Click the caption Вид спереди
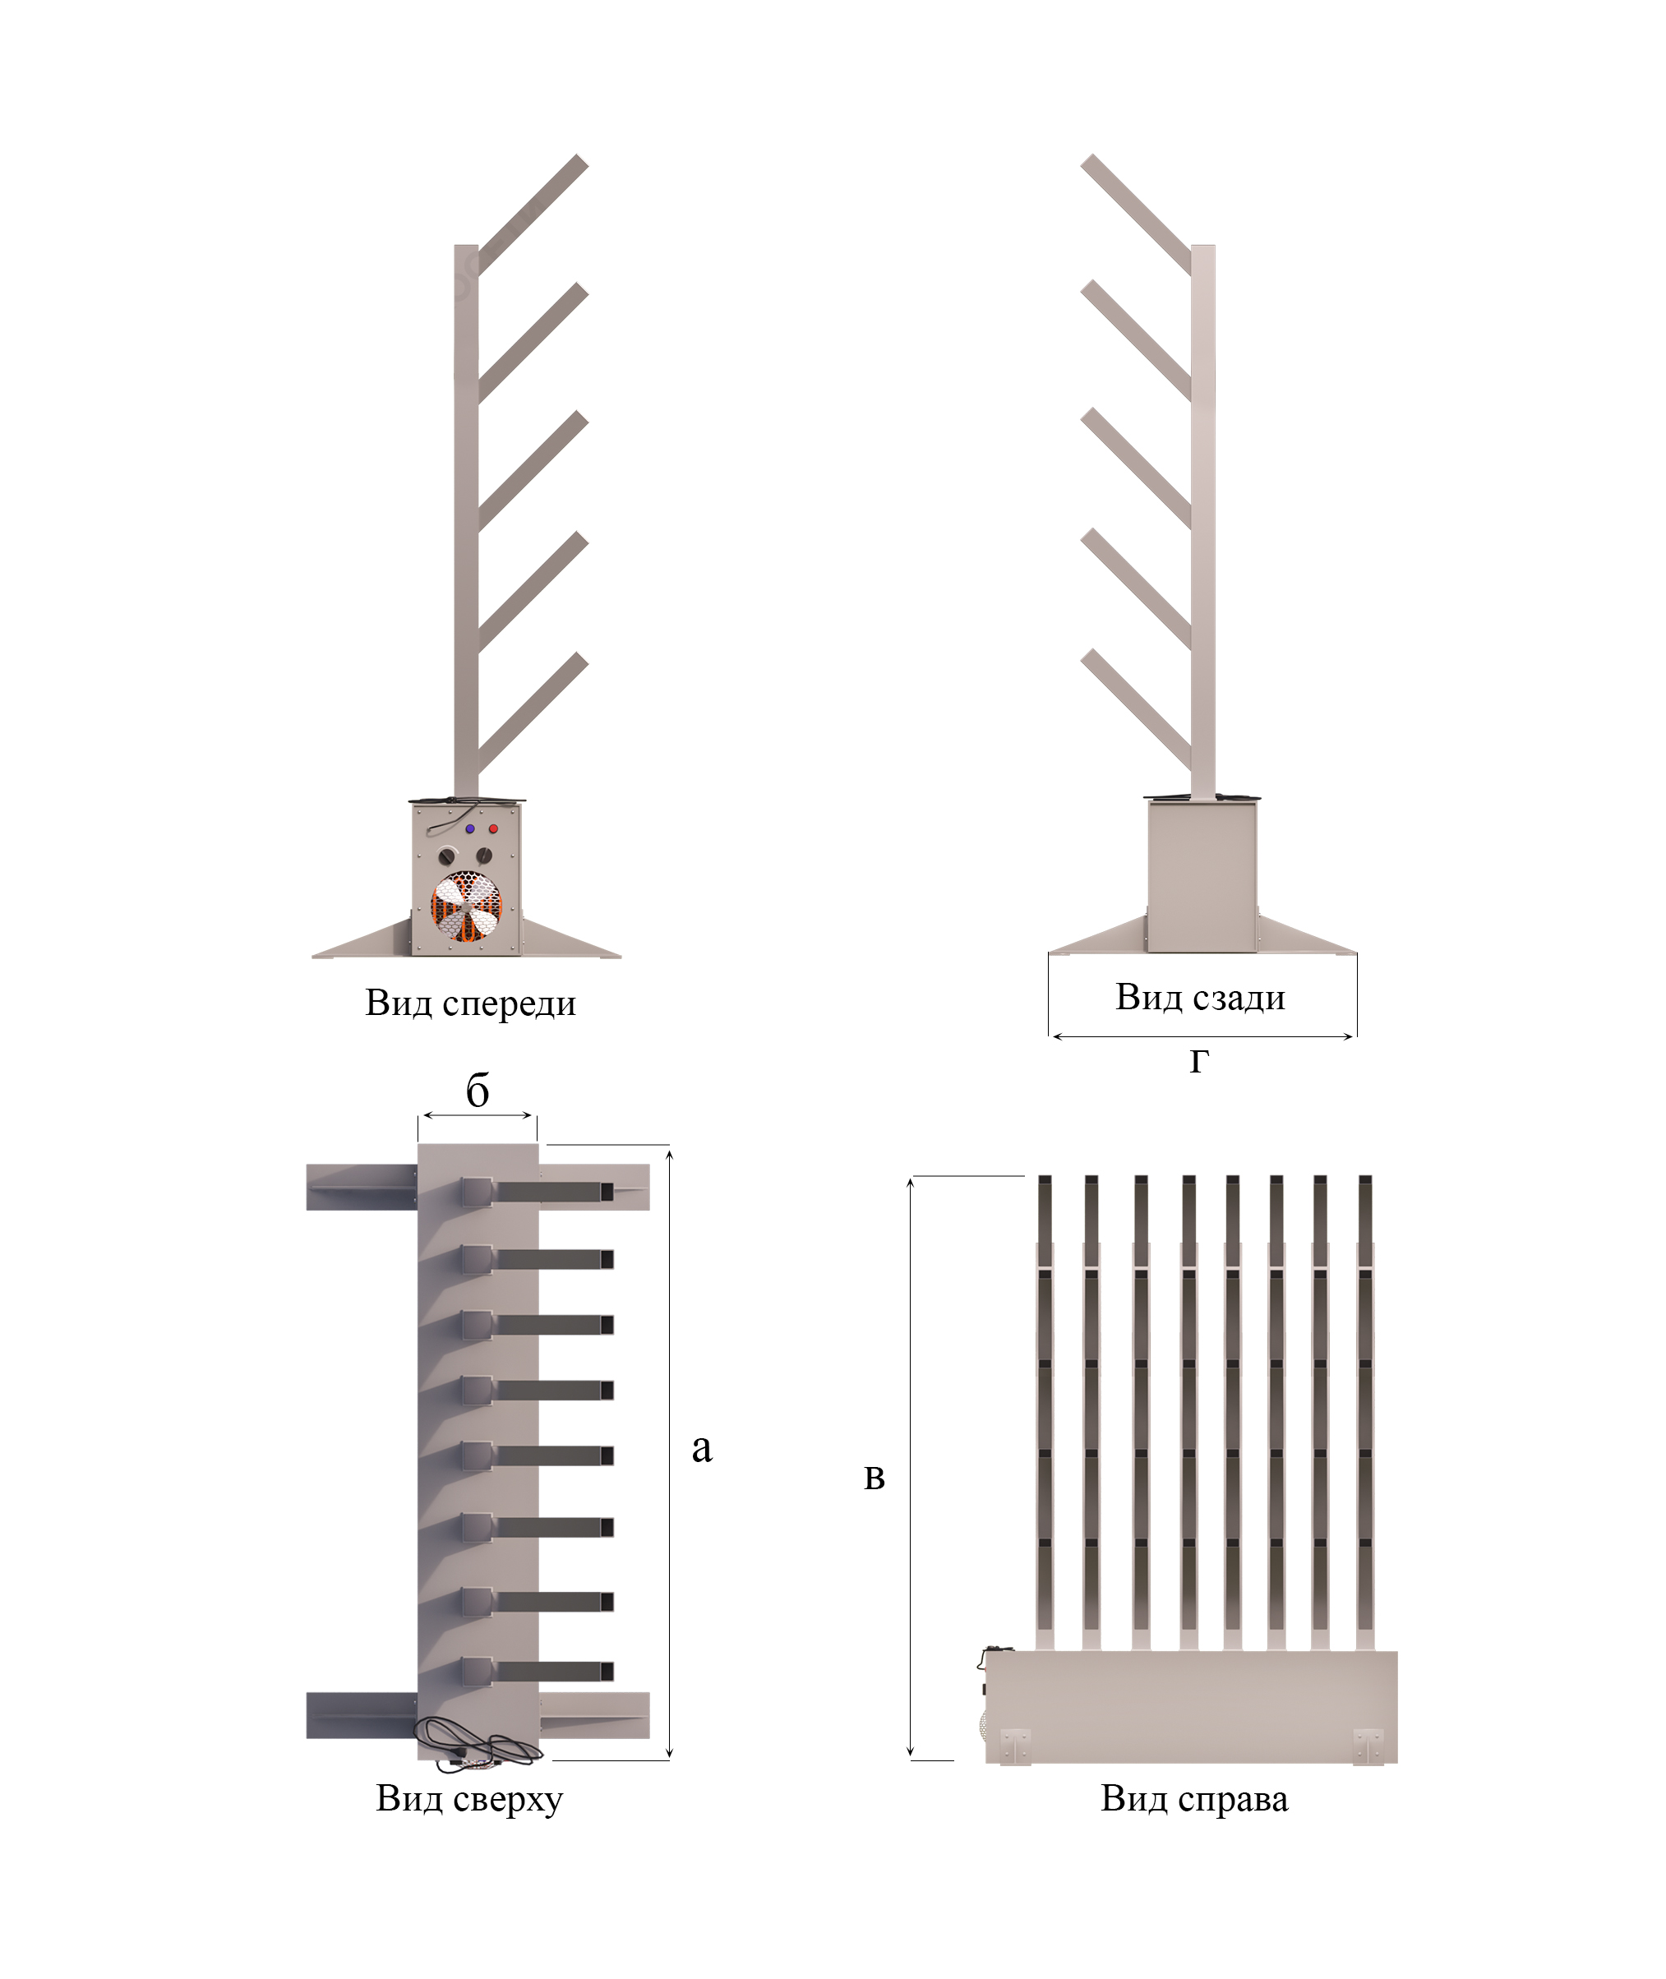pyautogui.click(x=470, y=1003)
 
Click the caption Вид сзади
pyautogui.click(x=1200, y=997)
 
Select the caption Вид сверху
pyautogui.click(x=469, y=1799)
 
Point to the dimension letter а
pyautogui.click(x=702, y=1448)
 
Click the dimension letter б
pyautogui.click(x=478, y=1091)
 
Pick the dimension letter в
pyautogui.click(x=875, y=1477)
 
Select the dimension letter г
pyautogui.click(x=1198, y=1061)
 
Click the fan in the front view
pyautogui.click(x=467, y=906)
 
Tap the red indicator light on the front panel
pyautogui.click(x=493, y=829)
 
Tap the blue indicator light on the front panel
pyautogui.click(x=469, y=829)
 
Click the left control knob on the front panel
pyautogui.click(x=447, y=856)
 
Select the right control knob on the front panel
pyautogui.click(x=484, y=856)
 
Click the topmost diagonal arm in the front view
pyautogui.click(x=533, y=215)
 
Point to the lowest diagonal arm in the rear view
pyautogui.click(x=1136, y=711)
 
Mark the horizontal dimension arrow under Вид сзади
pyautogui.click(x=1202, y=1036)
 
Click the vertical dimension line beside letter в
pyautogui.click(x=911, y=1468)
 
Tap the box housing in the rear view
pyautogui.click(x=1202, y=876)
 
